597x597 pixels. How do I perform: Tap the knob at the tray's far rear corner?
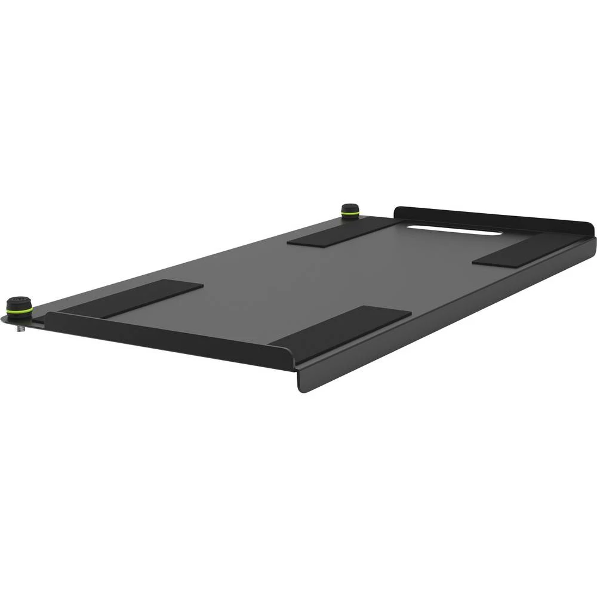[x=349, y=211]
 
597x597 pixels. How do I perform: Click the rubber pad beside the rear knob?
[x=341, y=231]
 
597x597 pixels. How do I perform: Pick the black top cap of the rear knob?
[x=349, y=208]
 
